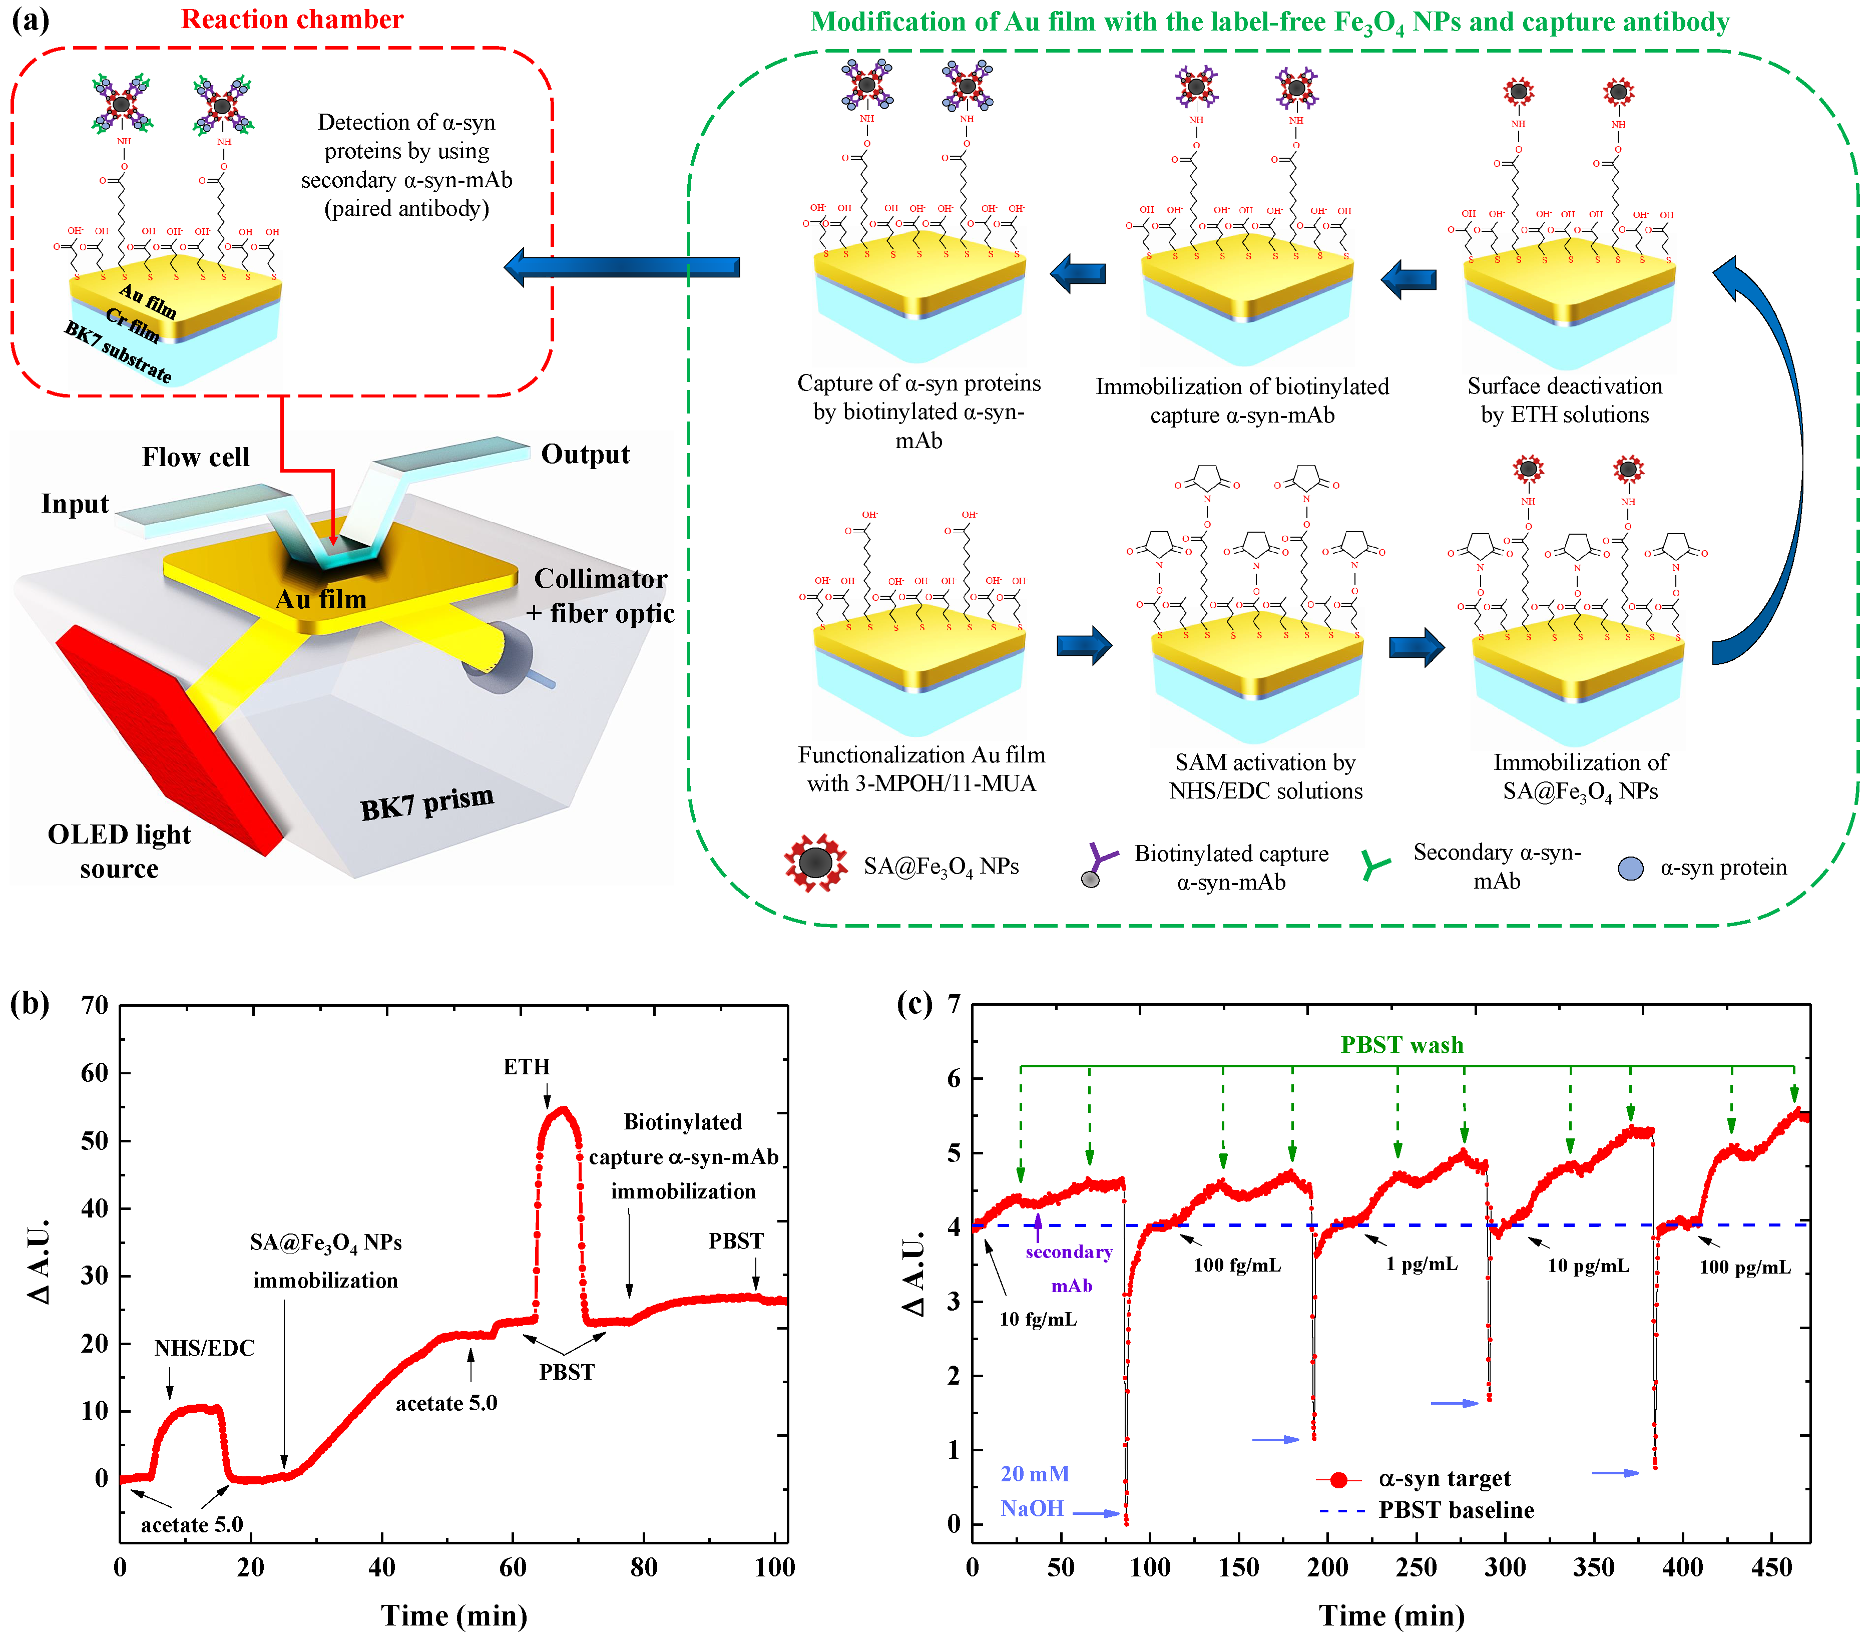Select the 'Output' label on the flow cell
pyautogui.click(x=585, y=455)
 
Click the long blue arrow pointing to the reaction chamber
pyautogui.click(x=622, y=267)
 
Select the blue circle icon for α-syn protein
pyautogui.click(x=1630, y=869)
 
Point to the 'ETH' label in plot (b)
pyautogui.click(x=527, y=1067)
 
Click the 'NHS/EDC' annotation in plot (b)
pyautogui.click(x=204, y=1348)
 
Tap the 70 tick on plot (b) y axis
pyautogui.click(x=95, y=1006)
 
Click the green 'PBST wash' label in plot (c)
pyautogui.click(x=1401, y=1045)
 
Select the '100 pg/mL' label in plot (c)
pyautogui.click(x=1745, y=1267)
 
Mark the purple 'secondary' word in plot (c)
pyautogui.click(x=1068, y=1253)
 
